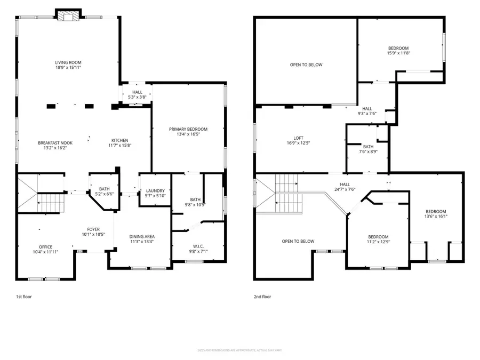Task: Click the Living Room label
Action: (x=68, y=63)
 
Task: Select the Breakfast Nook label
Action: (x=55, y=142)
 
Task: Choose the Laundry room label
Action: (x=155, y=191)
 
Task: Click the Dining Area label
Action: (x=142, y=236)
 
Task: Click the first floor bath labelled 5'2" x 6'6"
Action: (x=104, y=191)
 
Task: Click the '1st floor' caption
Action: (x=23, y=297)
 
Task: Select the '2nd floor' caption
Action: (x=262, y=297)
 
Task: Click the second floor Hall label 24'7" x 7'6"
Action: (x=359, y=186)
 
